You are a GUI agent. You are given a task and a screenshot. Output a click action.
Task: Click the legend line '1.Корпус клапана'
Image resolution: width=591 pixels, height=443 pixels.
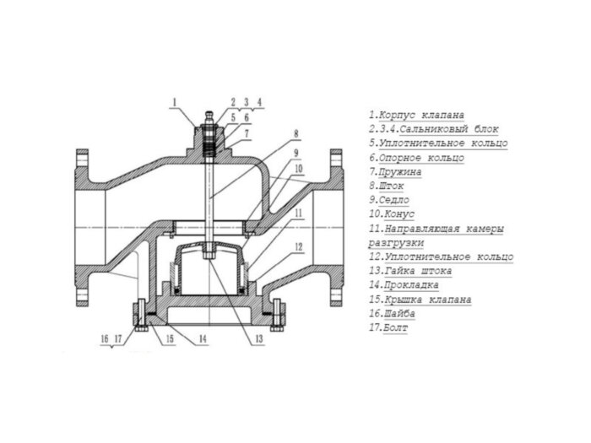416,114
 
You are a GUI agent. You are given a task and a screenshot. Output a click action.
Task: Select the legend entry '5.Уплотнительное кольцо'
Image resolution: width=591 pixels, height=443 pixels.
438,143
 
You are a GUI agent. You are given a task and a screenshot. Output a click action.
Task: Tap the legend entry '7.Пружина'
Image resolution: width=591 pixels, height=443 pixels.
395,171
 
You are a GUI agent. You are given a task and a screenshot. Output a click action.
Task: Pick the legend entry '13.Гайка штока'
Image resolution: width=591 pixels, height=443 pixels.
409,271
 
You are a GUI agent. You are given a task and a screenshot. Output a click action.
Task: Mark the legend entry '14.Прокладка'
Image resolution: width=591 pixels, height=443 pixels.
405,285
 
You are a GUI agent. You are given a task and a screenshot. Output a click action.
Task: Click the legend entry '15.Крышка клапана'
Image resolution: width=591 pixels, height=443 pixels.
420,299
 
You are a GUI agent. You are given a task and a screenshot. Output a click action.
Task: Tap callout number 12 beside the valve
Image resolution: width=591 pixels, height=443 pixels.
298,246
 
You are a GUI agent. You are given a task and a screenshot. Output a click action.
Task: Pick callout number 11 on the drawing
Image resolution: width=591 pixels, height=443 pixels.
298,214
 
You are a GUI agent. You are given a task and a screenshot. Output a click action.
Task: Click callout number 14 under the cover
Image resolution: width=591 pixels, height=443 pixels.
203,338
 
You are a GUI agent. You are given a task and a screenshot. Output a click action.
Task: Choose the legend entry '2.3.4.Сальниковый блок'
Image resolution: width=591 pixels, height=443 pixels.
434,128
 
